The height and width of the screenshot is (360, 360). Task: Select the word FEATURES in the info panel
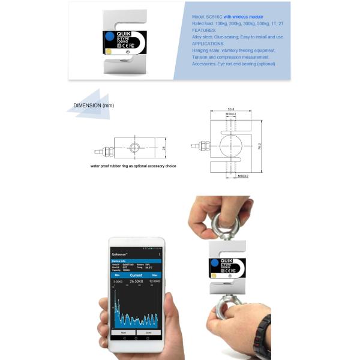pos(203,29)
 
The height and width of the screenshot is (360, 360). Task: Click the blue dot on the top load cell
pos(109,37)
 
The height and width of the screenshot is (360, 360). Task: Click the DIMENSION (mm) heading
pos(93,106)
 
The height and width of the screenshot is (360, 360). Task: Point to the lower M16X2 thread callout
pos(243,176)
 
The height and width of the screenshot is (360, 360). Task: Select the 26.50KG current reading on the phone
pos(139,280)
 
